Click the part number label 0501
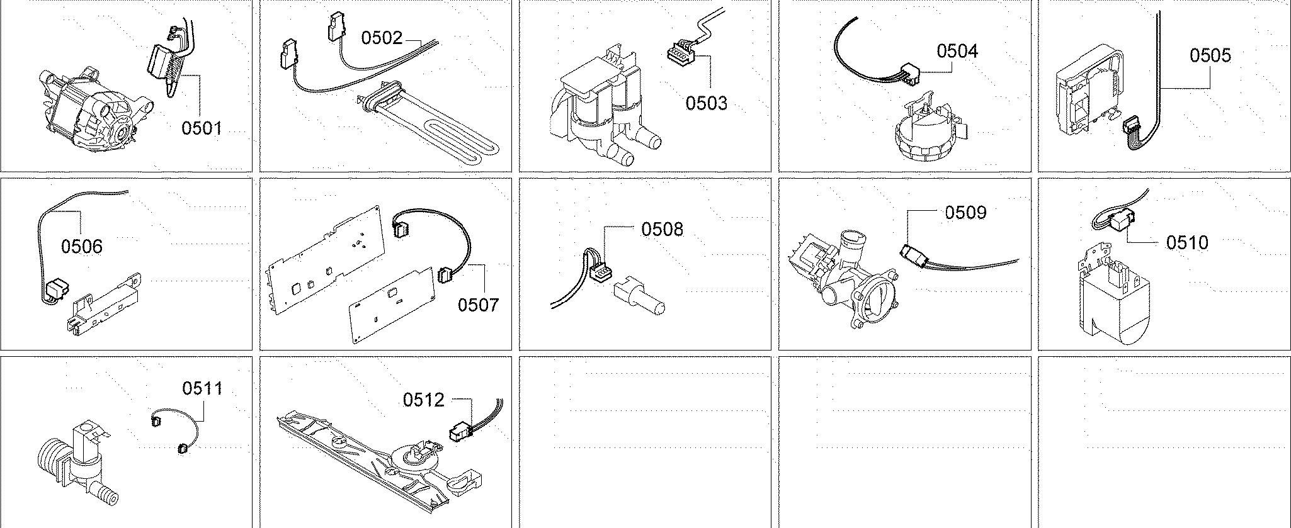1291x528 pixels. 202,128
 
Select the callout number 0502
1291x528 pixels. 381,38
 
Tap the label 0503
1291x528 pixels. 706,103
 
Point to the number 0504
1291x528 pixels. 957,51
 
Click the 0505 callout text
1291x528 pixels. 1210,55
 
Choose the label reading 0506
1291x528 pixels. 81,246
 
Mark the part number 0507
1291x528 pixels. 478,305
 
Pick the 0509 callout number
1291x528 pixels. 965,213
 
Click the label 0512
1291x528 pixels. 424,400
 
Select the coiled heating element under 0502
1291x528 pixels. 435,126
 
